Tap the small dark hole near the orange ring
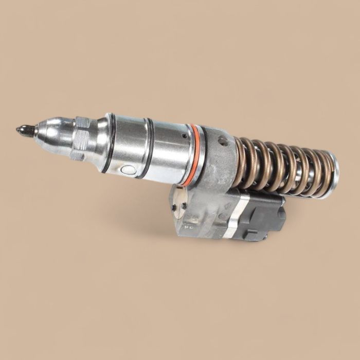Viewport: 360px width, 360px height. pos(184,136)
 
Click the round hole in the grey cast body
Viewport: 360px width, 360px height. pos(222,140)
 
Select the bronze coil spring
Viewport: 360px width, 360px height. pos(283,167)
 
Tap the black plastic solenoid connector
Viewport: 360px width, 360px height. pos(262,216)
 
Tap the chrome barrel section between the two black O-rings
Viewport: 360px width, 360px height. pos(127,149)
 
